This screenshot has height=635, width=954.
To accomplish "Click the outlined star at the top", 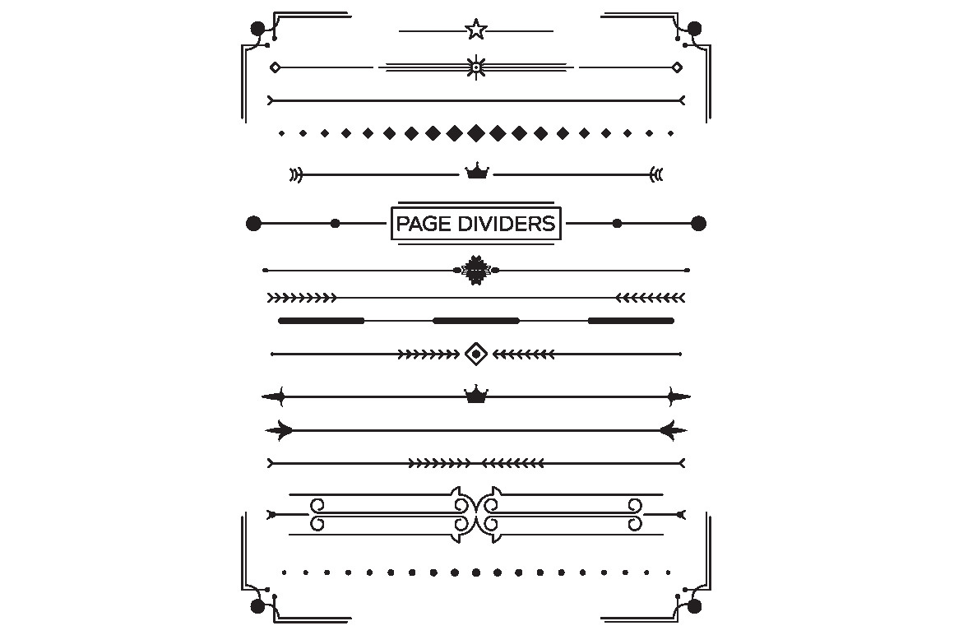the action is click(x=476, y=29).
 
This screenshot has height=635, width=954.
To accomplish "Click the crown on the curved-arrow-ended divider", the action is click(x=477, y=171).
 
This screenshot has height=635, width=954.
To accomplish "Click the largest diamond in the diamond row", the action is click(x=476, y=132).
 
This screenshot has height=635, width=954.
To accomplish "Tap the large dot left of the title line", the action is click(x=253, y=223).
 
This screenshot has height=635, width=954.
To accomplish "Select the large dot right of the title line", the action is click(x=698, y=223).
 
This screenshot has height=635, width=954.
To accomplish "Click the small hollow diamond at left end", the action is click(x=275, y=67).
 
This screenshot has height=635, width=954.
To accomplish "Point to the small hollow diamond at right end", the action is click(x=677, y=67).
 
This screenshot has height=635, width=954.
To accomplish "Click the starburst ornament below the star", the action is click(x=476, y=67).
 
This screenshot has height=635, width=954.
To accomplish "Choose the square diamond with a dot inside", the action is click(x=476, y=354).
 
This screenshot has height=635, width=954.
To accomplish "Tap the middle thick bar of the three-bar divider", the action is click(x=476, y=321).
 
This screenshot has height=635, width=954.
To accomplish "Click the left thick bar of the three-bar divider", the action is click(x=322, y=321).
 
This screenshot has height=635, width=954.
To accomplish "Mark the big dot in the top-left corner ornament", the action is click(x=258, y=29).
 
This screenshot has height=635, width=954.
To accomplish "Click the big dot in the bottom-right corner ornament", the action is click(x=694, y=606).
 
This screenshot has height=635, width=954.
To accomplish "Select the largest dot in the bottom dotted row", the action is click(x=476, y=572).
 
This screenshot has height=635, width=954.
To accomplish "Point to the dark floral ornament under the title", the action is click(x=476, y=270).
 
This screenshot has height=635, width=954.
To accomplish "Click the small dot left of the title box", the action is click(x=335, y=223).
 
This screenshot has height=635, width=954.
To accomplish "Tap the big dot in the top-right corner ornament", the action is click(x=694, y=29).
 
